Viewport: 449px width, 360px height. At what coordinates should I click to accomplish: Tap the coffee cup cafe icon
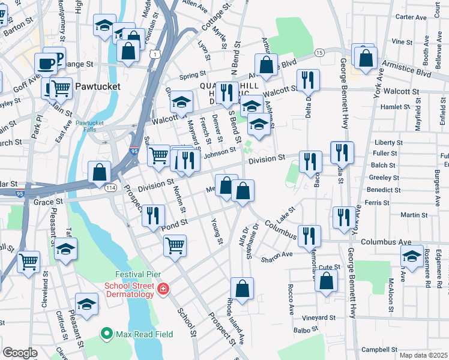click(x=46, y=62)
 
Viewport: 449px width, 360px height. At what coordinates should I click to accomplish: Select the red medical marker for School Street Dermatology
click(x=163, y=290)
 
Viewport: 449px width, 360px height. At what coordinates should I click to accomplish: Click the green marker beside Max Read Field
click(x=107, y=334)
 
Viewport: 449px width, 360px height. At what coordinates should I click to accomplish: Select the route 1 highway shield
click(x=156, y=54)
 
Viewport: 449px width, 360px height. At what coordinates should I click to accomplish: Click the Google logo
click(x=20, y=353)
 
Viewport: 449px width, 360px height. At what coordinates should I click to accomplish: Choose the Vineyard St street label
click(x=319, y=317)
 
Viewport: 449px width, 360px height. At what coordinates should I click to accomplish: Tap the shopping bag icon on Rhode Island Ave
click(x=242, y=289)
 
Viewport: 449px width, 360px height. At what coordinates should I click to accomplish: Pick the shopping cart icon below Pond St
click(x=175, y=244)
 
